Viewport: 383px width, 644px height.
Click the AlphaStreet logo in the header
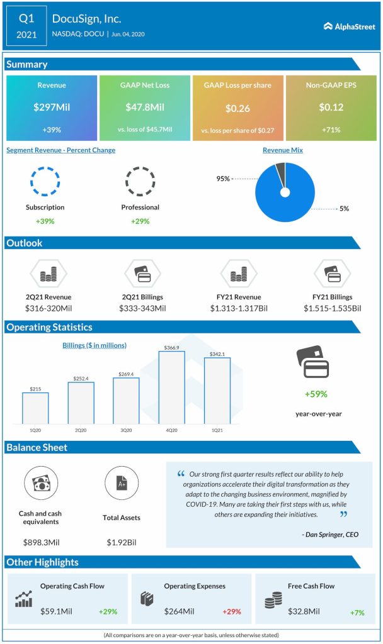pos(348,26)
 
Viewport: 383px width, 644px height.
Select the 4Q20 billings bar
pos(171,387)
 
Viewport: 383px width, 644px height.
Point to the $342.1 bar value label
pos(217,353)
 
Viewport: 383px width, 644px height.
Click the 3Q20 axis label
pos(126,430)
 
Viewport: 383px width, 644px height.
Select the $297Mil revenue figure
pos(52,108)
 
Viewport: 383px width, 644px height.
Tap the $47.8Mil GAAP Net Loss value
pos(145,108)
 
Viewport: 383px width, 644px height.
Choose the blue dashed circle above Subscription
pos(45,182)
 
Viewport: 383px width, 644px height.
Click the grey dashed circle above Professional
pos(140,182)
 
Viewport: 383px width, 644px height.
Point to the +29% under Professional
pos(140,221)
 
